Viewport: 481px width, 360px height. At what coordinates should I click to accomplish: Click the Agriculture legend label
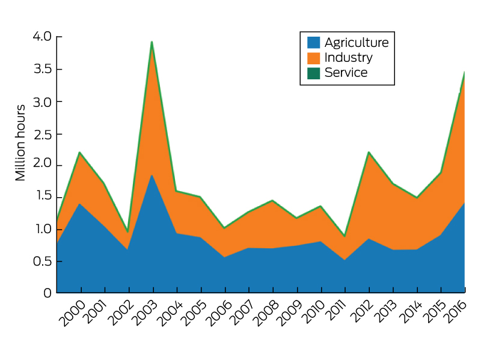pos(356,43)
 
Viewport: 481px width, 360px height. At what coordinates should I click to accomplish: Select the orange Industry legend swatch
pos(313,58)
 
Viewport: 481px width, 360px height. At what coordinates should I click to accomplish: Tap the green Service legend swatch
pos(313,73)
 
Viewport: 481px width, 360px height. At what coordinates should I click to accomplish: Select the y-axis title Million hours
pos(20,142)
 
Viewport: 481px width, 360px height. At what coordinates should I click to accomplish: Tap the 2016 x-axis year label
pos(458,310)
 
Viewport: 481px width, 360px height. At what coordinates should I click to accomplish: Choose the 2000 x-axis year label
pos(73,310)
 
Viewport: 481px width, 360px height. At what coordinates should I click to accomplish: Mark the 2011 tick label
pos(337,310)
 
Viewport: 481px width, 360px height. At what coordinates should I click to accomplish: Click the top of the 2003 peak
pos(152,41)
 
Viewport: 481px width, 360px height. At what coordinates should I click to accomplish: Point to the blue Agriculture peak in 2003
pos(152,175)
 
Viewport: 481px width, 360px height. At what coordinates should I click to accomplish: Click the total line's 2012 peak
pos(369,152)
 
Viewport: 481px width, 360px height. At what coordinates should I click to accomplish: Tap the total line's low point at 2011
pos(345,236)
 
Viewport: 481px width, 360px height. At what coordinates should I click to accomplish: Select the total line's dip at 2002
pos(128,232)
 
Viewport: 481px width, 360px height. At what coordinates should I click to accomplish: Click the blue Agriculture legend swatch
pos(313,43)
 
